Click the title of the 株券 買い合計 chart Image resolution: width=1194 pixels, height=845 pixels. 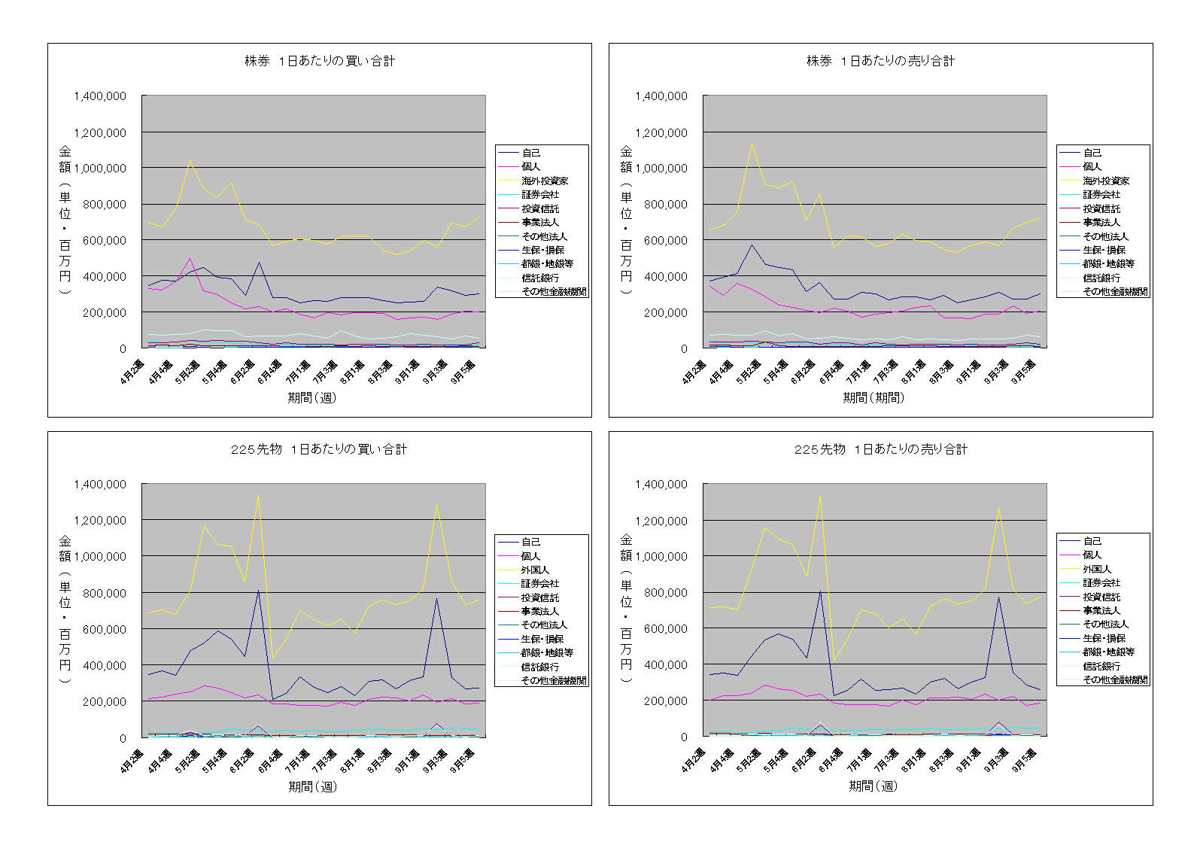click(320, 61)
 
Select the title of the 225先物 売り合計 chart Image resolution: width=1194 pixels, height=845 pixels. click(880, 449)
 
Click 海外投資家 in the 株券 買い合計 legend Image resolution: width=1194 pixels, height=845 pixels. click(545, 181)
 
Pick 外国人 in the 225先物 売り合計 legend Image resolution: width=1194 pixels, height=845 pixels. click(1097, 569)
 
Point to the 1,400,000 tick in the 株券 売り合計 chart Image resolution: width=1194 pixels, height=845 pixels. click(661, 96)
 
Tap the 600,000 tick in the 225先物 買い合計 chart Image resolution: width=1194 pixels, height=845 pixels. click(100, 629)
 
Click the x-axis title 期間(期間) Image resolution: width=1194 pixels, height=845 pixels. click(873, 397)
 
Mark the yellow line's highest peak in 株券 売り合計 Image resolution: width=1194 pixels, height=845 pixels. click(751, 144)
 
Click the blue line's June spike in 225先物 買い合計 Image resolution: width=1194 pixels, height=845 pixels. click(258, 590)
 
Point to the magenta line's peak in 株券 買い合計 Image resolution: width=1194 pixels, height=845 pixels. click(190, 259)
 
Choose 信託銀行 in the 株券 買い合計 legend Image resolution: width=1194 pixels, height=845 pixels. click(540, 278)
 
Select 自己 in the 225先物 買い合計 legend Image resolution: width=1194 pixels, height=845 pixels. click(530, 542)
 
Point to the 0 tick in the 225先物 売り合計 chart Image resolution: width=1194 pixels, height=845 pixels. click(684, 737)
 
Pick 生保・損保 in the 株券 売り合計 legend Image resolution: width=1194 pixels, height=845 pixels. click(1104, 250)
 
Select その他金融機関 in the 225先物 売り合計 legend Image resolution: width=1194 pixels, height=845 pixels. click(1115, 679)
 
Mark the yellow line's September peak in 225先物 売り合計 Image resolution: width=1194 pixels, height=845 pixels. click(998, 508)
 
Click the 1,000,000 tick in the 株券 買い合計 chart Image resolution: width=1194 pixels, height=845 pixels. click(100, 169)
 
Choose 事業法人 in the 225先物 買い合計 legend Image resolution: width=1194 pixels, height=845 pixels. click(539, 611)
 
